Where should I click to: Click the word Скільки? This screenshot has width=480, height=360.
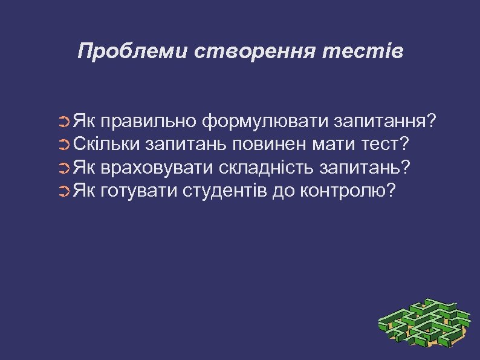[x=107, y=145]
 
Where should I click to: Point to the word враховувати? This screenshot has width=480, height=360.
[x=159, y=168]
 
